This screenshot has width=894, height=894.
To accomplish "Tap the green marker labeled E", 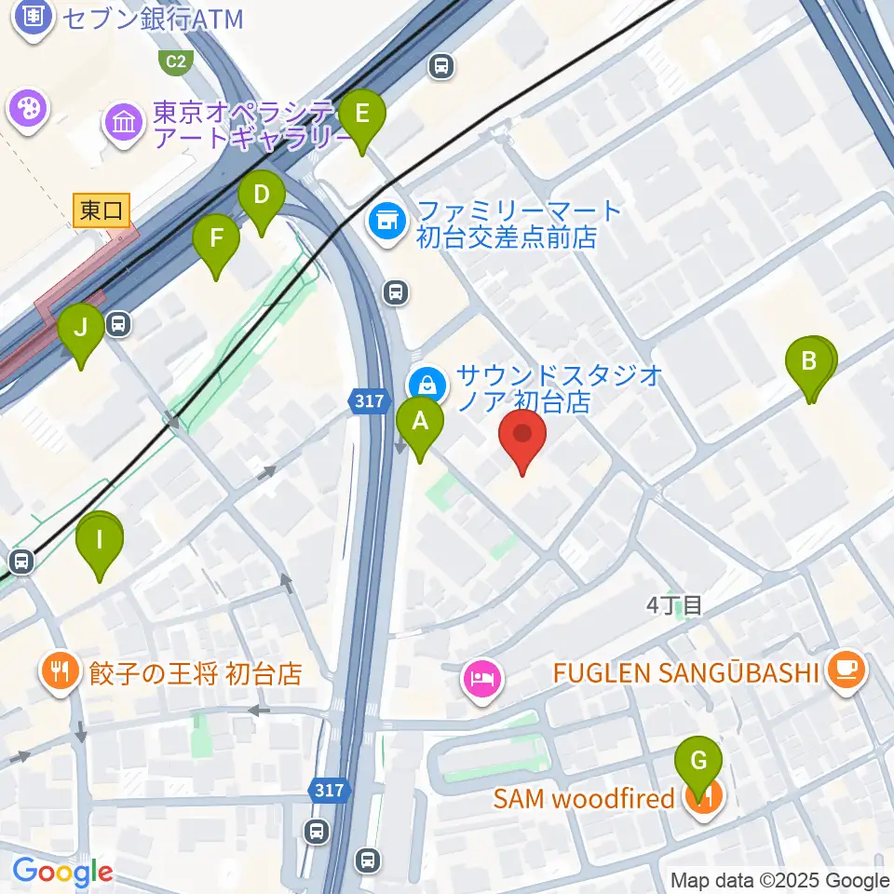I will pyautogui.click(x=362, y=115).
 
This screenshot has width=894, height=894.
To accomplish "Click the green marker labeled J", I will pyautogui.click(x=81, y=330).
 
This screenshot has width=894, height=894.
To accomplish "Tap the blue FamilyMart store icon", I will pyautogui.click(x=386, y=222).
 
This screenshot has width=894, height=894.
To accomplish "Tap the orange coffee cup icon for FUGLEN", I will pyautogui.click(x=847, y=670).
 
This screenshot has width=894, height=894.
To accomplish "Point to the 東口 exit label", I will pyautogui.click(x=102, y=210).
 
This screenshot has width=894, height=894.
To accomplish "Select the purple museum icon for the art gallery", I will pyautogui.click(x=124, y=120).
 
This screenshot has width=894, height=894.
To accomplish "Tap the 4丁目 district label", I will pyautogui.click(x=673, y=605).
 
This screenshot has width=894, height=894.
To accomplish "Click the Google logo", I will pyautogui.click(x=62, y=873).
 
